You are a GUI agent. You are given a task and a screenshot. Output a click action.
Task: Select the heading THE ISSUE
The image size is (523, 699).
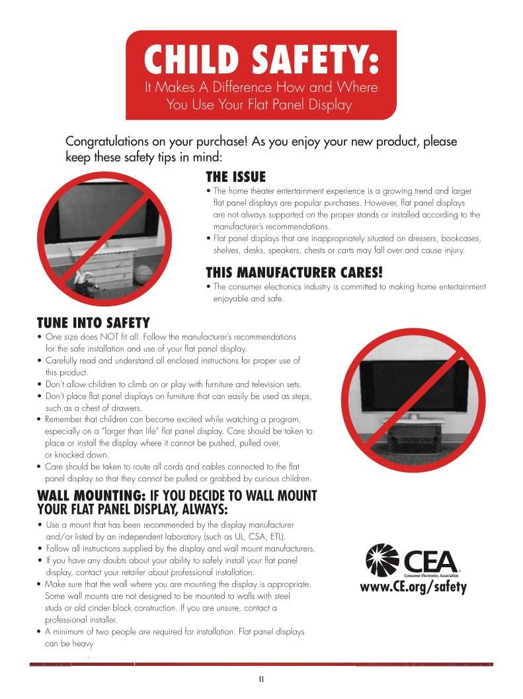click(235, 177)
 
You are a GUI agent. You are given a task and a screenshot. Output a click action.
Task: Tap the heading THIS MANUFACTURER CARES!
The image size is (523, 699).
click(294, 273)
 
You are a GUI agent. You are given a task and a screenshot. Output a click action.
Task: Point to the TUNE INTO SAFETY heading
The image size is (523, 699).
click(93, 323)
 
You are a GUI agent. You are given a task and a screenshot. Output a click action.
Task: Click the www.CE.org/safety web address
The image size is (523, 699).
click(413, 587)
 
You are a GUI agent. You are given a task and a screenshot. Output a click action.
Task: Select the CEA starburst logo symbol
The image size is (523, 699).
click(382, 559)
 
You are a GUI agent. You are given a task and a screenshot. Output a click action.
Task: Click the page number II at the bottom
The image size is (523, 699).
click(262, 678)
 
